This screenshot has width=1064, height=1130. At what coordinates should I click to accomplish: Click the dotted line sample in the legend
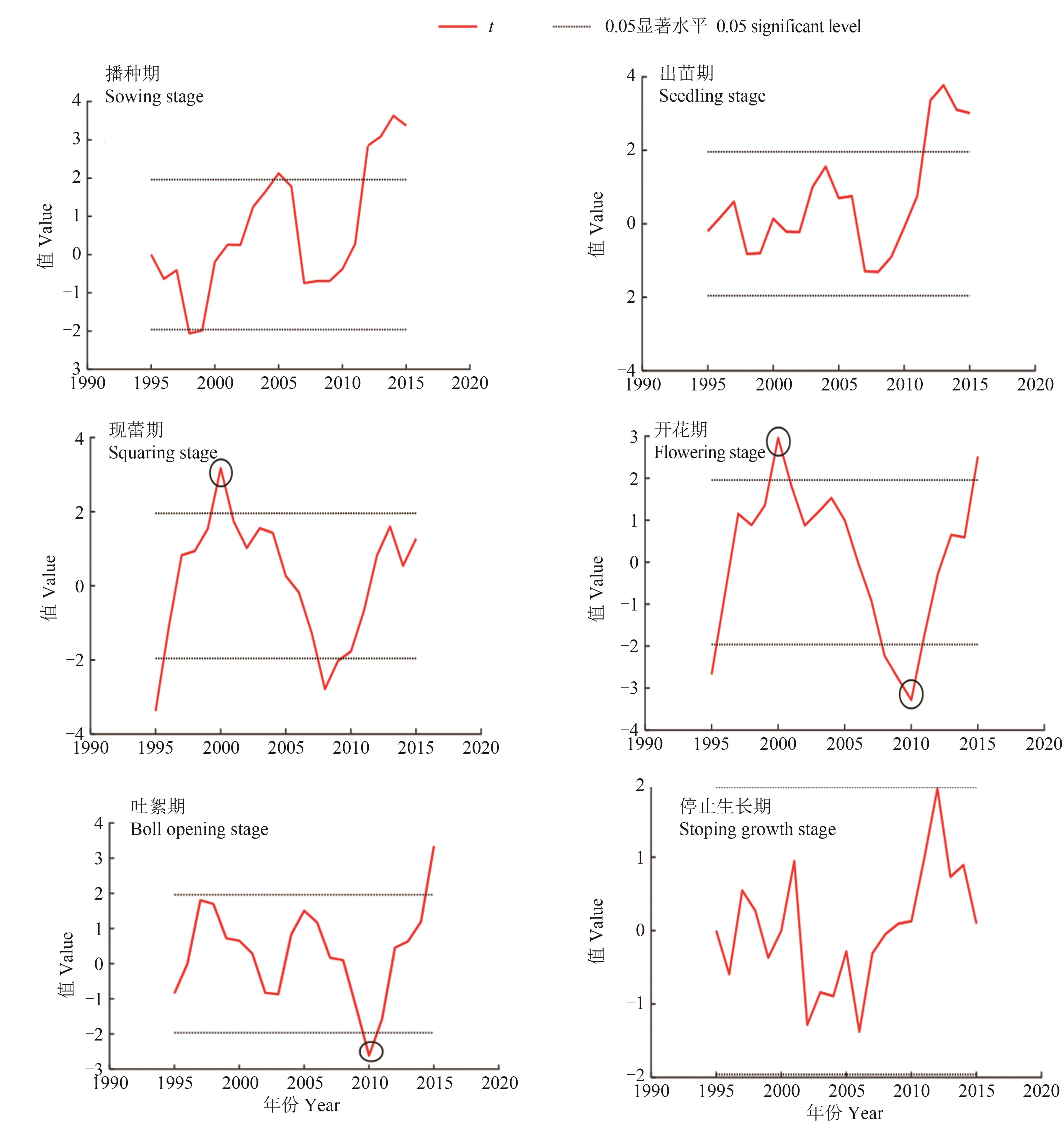tap(571, 27)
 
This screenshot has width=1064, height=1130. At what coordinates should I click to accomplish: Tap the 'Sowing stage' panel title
tap(154, 97)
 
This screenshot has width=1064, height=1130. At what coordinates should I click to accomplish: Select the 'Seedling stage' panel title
tap(712, 96)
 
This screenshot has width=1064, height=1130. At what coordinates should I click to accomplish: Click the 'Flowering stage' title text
tap(710, 452)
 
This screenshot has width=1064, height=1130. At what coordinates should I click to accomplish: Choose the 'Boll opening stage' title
tap(199, 829)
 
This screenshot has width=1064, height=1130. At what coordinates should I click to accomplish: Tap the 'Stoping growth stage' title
tap(757, 829)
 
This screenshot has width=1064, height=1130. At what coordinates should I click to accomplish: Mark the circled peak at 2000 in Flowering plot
tap(778, 441)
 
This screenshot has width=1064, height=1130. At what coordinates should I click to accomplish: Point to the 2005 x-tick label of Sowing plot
tap(278, 383)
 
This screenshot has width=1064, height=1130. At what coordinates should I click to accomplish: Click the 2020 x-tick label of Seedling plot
tap(1035, 385)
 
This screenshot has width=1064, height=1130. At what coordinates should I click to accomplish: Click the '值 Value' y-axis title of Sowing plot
tap(45, 235)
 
